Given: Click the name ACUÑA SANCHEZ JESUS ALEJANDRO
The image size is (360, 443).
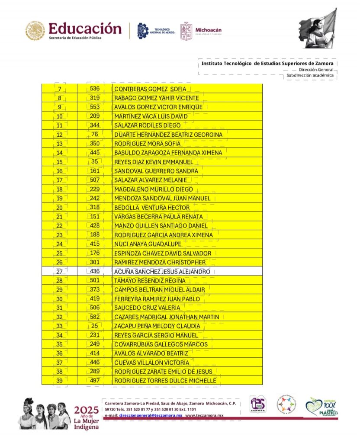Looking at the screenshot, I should click(162, 272).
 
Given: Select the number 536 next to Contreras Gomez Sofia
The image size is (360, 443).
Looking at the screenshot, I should click(95, 89).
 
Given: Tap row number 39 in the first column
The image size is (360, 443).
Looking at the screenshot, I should click(60, 381).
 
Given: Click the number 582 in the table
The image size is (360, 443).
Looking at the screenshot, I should click(95, 317).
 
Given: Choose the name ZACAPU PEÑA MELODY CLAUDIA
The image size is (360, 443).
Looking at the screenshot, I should click(157, 326).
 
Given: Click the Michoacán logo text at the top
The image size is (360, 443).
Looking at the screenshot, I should click(208, 30).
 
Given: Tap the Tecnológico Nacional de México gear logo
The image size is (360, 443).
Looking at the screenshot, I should click(143, 31).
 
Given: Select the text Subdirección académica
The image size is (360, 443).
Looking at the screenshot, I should click(310, 75).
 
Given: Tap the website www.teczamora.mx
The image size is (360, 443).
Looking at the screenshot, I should click(204, 415).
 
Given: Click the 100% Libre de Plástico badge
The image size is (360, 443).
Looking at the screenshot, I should click(322, 407).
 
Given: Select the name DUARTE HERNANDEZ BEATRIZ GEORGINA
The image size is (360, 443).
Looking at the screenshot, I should click(168, 135).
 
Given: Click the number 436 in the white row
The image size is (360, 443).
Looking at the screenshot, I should click(95, 271).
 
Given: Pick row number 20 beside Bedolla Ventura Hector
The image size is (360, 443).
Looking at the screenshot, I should click(60, 208).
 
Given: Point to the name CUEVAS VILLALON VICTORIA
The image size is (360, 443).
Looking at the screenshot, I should click(151, 363).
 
